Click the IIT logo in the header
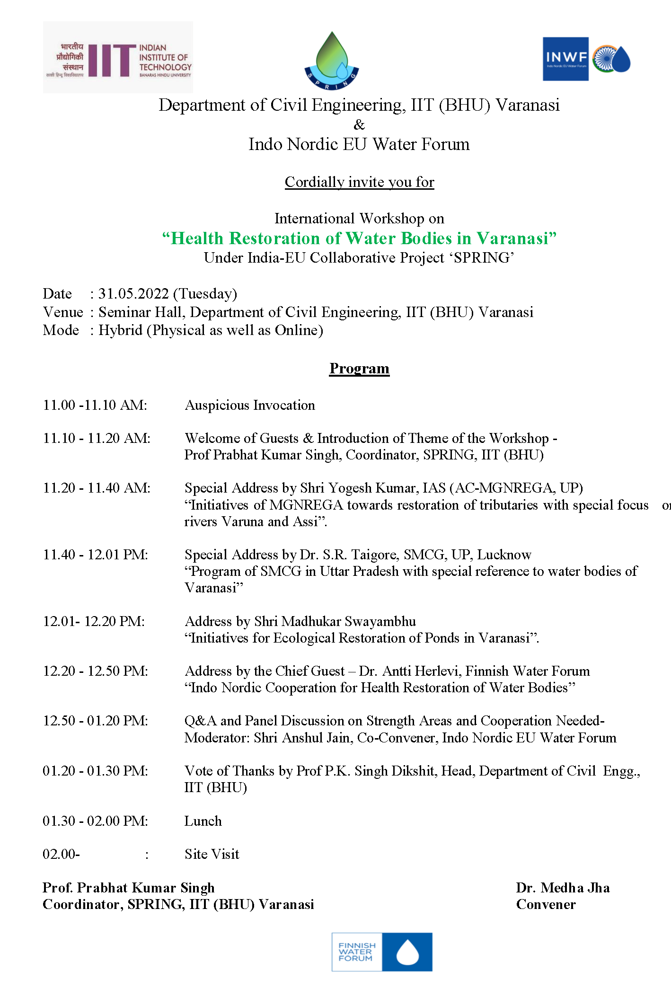click(117, 58)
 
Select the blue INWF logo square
click(565, 59)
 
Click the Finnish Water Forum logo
click(382, 952)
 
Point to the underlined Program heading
click(359, 368)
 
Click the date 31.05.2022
click(133, 294)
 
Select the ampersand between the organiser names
click(359, 124)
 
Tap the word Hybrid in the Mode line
click(120, 330)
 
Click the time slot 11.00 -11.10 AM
click(95, 405)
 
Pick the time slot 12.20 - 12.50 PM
click(96, 671)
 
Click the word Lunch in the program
click(203, 821)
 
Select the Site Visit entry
click(212, 854)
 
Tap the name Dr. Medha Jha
click(563, 888)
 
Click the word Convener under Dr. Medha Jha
click(546, 904)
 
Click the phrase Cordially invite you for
click(359, 182)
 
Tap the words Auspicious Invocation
click(249, 405)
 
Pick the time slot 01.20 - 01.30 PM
click(96, 771)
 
